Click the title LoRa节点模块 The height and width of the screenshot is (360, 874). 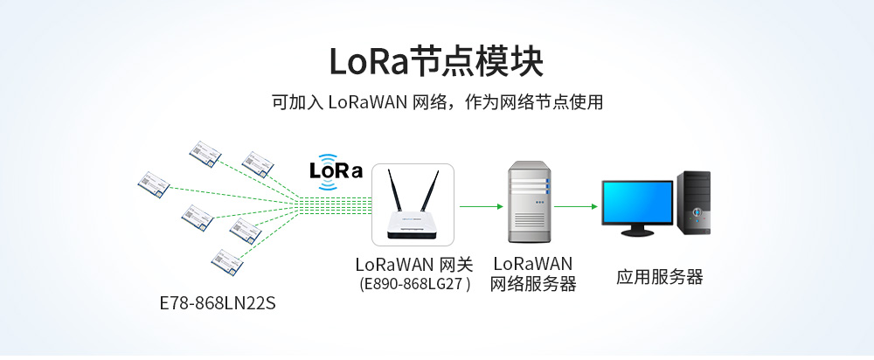pyautogui.click(x=436, y=62)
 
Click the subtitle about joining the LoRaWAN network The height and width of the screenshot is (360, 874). pyautogui.click(x=437, y=103)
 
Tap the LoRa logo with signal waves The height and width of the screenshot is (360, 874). pyautogui.click(x=336, y=168)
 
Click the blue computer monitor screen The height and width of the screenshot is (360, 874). pyautogui.click(x=637, y=203)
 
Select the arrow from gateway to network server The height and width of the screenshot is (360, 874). pyautogui.click(x=482, y=207)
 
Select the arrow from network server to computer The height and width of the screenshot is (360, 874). pyautogui.click(x=576, y=207)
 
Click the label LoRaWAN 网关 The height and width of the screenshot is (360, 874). pyautogui.click(x=413, y=264)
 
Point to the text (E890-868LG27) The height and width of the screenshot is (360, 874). pyautogui.click(x=414, y=283)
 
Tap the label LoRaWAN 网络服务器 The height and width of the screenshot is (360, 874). pyautogui.click(x=532, y=273)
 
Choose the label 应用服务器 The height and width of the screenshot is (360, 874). pyautogui.click(x=659, y=277)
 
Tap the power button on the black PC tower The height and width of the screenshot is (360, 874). pyautogui.click(x=697, y=212)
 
